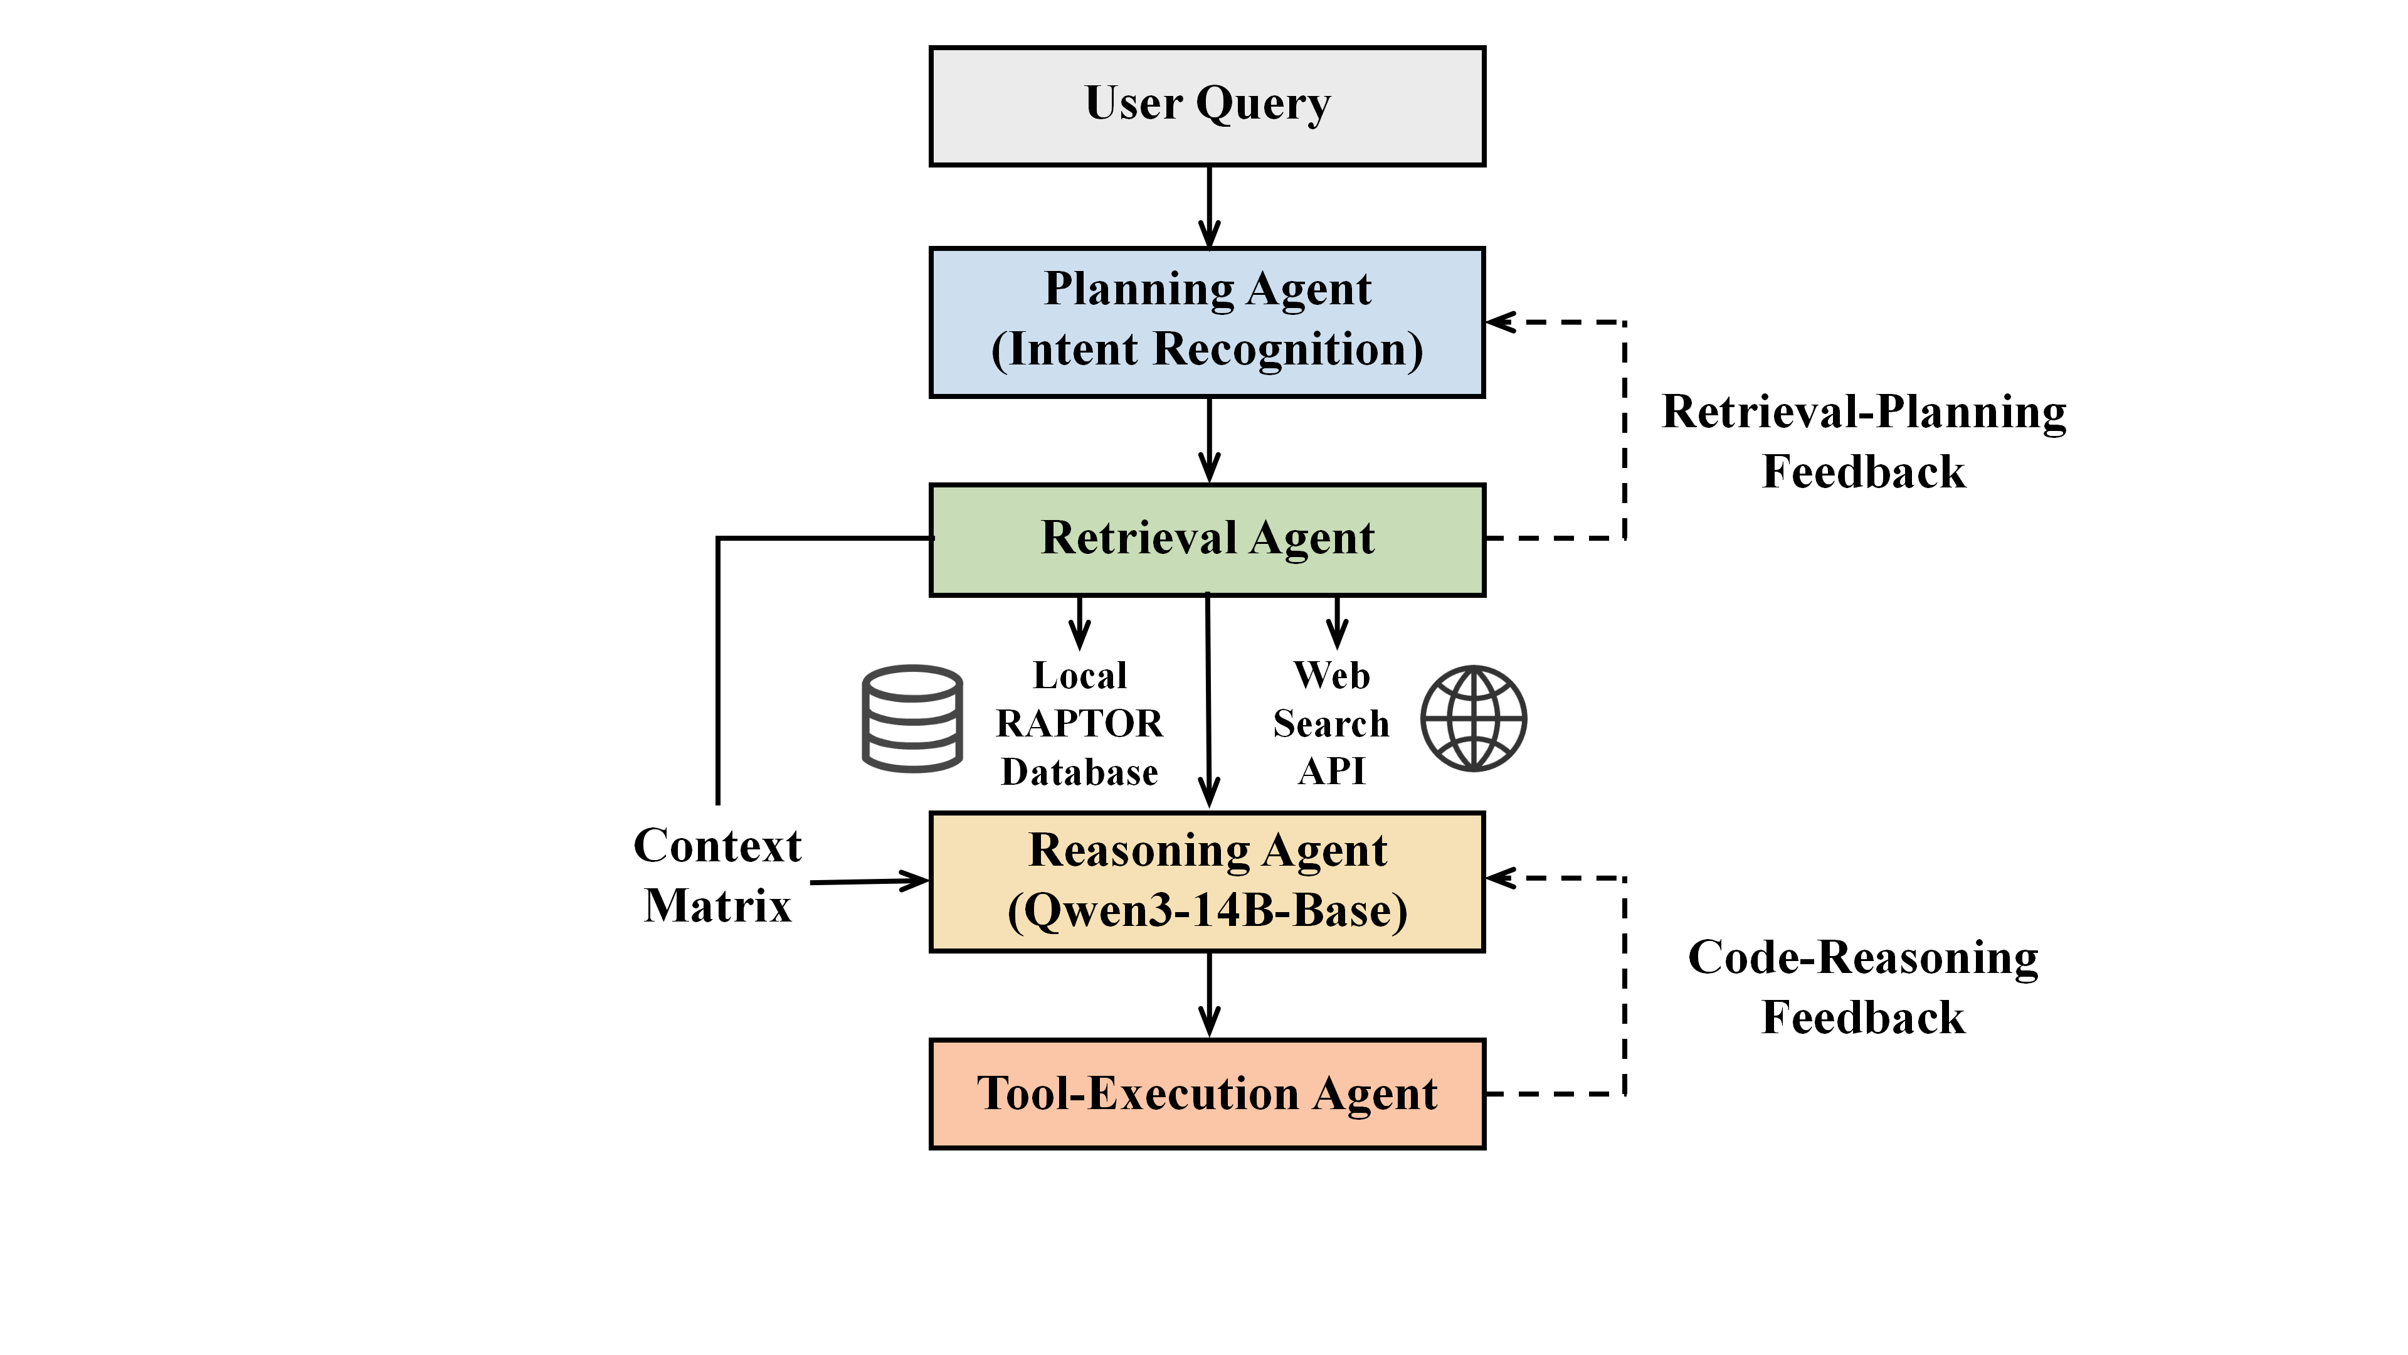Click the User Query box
(x=1207, y=105)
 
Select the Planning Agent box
(x=1207, y=322)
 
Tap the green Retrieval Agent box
(x=1207, y=539)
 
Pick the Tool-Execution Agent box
(x=1207, y=1093)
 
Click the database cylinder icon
(x=911, y=718)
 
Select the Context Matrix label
(x=717, y=875)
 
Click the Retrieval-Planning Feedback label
(x=1863, y=442)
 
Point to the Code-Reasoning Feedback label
(x=1863, y=987)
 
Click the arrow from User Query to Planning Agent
(x=1210, y=208)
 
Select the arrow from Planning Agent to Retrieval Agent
(x=1210, y=440)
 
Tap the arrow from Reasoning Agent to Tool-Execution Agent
(x=1210, y=995)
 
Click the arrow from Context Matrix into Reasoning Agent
(x=869, y=881)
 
